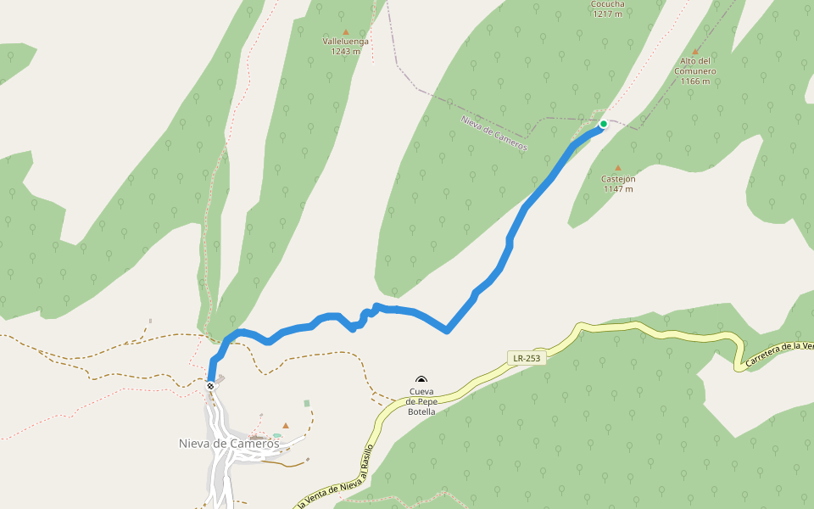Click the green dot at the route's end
(604, 124)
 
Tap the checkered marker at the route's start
(210, 386)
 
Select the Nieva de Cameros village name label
(229, 443)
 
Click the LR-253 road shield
(526, 358)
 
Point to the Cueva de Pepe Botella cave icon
(421, 381)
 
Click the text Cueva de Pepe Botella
(421, 401)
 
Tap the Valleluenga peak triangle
(345, 31)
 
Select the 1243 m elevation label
(346, 51)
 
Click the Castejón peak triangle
(617, 168)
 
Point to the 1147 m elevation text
(618, 188)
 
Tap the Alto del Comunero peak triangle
(695, 51)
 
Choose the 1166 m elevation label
(695, 81)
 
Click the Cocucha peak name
(608, 3)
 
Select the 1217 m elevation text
(608, 14)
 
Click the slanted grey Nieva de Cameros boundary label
(493, 133)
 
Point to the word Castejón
(618, 179)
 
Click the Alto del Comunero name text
(695, 66)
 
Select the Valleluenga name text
(346, 41)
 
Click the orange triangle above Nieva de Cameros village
(286, 425)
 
